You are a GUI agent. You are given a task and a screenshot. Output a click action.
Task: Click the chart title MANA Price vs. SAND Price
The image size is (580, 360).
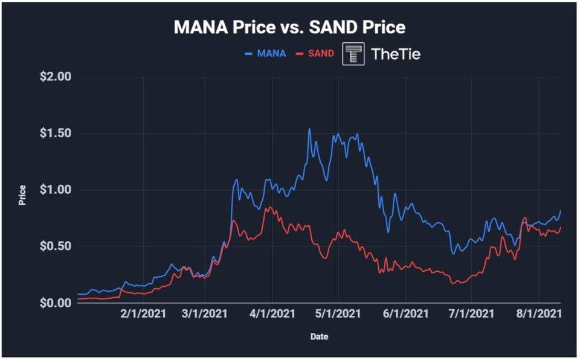coord(289,27)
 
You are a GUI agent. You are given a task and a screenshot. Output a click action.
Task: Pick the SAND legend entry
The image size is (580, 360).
coord(315,53)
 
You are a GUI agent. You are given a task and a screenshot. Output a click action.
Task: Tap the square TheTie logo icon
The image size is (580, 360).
coord(353,54)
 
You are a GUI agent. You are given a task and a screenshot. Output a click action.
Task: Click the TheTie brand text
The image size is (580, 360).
coord(396,54)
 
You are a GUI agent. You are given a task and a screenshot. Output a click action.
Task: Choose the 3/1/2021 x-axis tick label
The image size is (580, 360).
coord(205,314)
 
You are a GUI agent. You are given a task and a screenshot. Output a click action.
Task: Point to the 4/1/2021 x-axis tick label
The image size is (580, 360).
coord(272,314)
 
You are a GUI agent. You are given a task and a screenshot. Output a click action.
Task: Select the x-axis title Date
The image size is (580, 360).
coord(320,336)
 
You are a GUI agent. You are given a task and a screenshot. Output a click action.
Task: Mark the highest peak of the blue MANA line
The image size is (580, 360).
coord(309,129)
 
